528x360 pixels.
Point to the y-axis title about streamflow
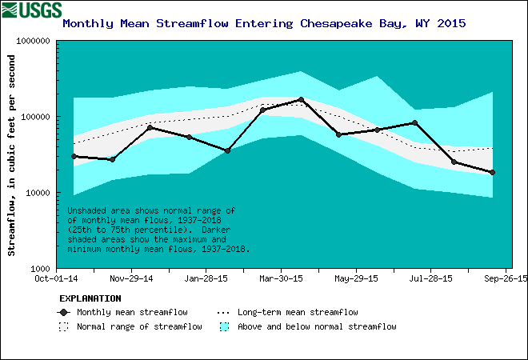(12, 154)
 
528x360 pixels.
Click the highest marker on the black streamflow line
(301, 100)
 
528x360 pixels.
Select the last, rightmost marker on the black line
(492, 172)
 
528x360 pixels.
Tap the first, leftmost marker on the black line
(74, 156)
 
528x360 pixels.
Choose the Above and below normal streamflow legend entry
(316, 326)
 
